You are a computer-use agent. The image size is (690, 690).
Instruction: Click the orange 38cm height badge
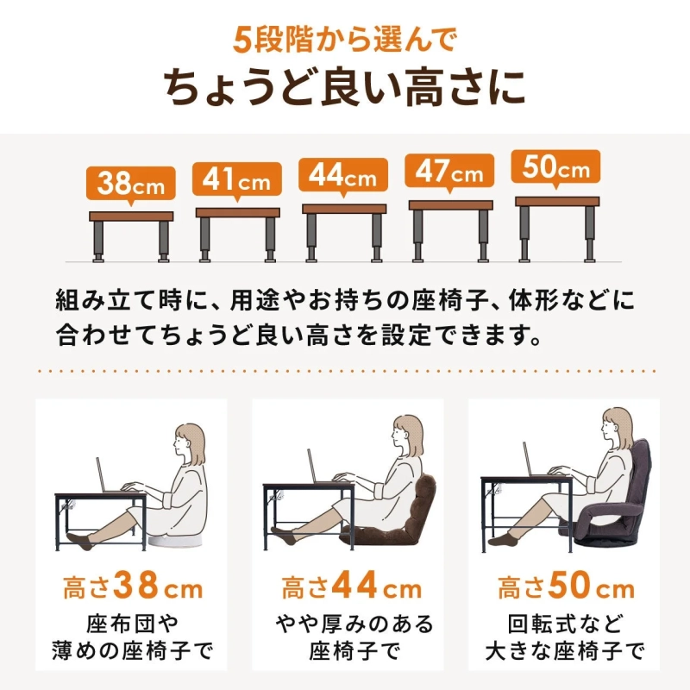pos(131,184)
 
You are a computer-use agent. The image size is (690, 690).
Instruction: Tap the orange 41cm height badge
pos(237,180)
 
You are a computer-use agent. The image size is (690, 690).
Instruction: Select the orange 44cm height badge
pos(344,176)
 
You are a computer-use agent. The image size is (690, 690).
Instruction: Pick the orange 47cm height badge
pos(450,172)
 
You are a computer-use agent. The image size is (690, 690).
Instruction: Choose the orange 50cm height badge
pos(556,168)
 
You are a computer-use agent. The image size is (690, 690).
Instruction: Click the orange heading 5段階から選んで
pos(344,40)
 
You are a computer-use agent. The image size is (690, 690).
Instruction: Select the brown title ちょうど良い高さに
pos(344,88)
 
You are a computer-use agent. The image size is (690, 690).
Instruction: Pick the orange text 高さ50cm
pos(565,590)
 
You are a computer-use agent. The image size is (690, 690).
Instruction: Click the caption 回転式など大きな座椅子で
pos(565,637)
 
